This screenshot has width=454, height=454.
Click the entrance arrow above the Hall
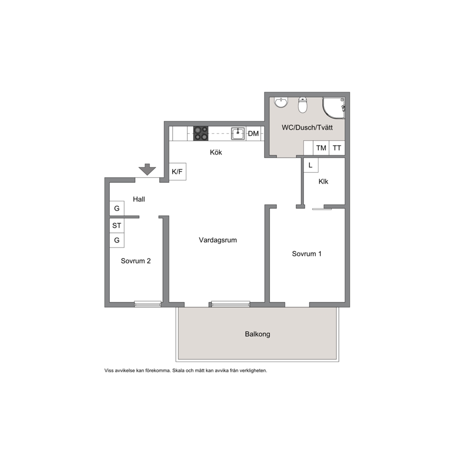pyautogui.click(x=147, y=169)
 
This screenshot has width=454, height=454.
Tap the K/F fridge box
pyautogui.click(x=177, y=172)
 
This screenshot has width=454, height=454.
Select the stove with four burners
pyautogui.click(x=200, y=134)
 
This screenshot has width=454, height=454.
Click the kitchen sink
pyautogui.click(x=238, y=134)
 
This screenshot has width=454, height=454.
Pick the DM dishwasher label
pyautogui.click(x=254, y=134)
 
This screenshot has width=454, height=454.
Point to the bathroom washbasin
pyautogui.click(x=281, y=102)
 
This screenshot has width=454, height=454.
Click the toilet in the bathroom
pyautogui.click(x=303, y=105)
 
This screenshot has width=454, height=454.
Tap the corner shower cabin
pyautogui.click(x=334, y=108)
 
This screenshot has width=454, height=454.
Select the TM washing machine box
pyautogui.click(x=321, y=148)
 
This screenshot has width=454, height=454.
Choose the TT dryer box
pyautogui.click(x=337, y=148)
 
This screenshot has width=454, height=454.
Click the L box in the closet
pyautogui.click(x=311, y=165)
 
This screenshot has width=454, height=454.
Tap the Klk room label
pyautogui.click(x=324, y=182)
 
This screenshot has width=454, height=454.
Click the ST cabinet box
pyautogui.click(x=117, y=225)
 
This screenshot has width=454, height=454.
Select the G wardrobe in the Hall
pyautogui.click(x=117, y=208)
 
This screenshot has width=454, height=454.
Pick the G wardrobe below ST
pyautogui.click(x=117, y=240)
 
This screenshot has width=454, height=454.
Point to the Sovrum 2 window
pyautogui.click(x=148, y=304)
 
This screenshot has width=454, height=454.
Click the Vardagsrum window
pyautogui.click(x=231, y=304)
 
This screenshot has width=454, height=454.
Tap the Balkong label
pyautogui.click(x=257, y=334)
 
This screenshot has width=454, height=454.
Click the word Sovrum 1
pyautogui.click(x=307, y=254)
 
